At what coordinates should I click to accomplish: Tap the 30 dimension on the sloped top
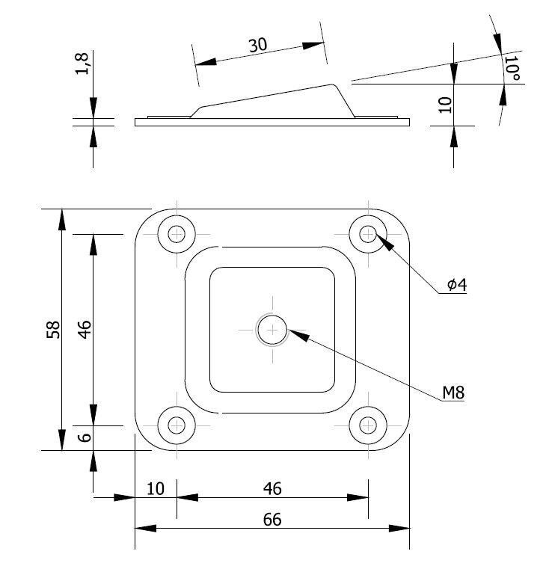click(x=258, y=45)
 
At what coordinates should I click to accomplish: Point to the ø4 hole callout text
click(x=456, y=284)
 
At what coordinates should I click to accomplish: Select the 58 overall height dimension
click(x=53, y=330)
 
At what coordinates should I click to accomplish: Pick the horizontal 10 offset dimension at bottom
click(x=155, y=488)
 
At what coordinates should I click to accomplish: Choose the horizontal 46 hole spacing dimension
click(x=272, y=488)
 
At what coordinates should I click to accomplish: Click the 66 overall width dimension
click(x=272, y=520)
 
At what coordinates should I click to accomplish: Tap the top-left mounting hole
click(x=177, y=234)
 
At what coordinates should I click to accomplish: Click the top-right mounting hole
click(x=367, y=234)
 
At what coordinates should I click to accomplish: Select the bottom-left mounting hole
click(x=177, y=425)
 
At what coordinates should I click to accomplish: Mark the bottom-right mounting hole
click(x=367, y=425)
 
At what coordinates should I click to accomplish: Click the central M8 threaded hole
click(x=272, y=329)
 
